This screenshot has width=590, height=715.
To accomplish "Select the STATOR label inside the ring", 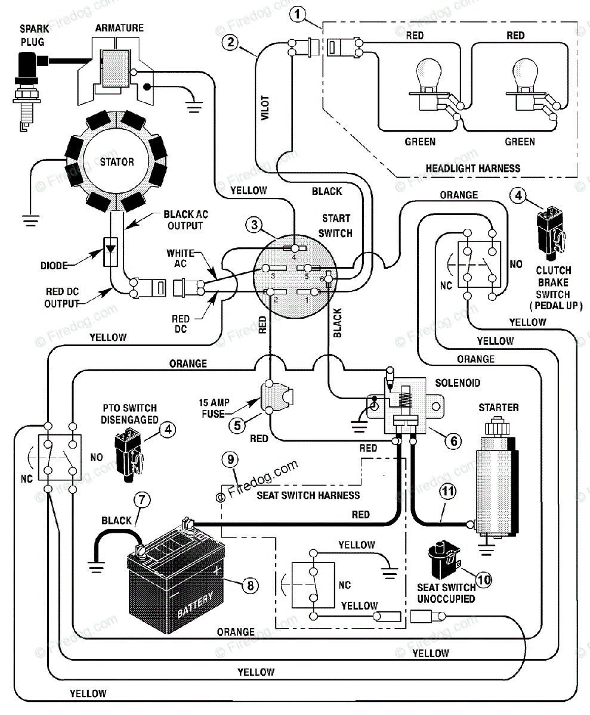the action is [x=117, y=161].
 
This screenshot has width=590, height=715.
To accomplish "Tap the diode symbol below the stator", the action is [x=110, y=251].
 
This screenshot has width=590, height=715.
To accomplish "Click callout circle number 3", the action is [x=254, y=225].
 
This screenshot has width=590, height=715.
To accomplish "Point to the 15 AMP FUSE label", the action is [x=214, y=408].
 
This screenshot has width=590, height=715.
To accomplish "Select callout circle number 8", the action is [x=251, y=585].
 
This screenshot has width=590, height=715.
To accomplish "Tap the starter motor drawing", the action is [x=498, y=480].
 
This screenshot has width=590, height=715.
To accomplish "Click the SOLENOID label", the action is [x=458, y=383].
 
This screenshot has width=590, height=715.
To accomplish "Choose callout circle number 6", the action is [x=453, y=441].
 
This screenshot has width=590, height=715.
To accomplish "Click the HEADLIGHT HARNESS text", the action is [x=472, y=169].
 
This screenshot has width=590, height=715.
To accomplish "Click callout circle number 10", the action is [x=483, y=580].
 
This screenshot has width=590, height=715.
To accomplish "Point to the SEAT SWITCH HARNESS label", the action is [x=308, y=495].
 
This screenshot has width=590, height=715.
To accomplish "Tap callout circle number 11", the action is [x=448, y=492].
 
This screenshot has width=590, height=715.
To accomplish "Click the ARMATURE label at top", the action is [x=119, y=28].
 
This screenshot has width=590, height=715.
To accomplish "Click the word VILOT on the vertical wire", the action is [x=265, y=107].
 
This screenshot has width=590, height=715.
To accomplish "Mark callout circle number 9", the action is [x=230, y=459].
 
